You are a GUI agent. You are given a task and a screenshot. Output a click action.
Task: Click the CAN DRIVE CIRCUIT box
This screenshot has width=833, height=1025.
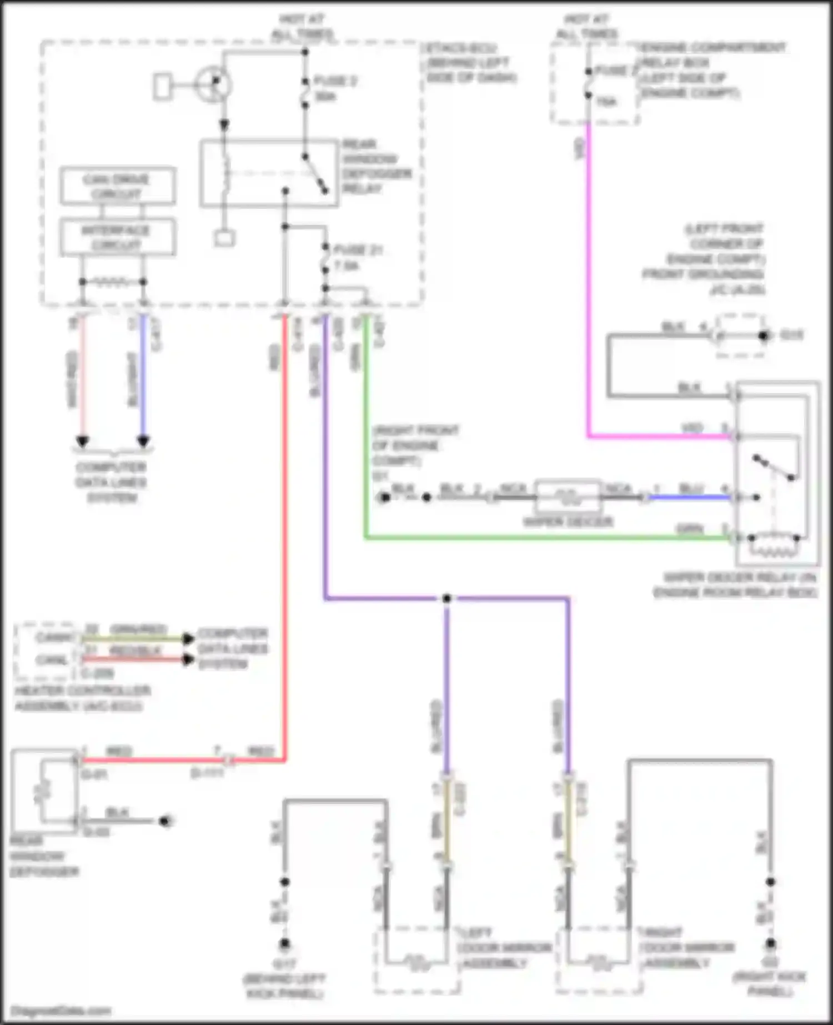[x=117, y=186]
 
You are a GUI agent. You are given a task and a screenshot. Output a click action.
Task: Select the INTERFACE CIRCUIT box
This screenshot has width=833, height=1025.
[x=117, y=238]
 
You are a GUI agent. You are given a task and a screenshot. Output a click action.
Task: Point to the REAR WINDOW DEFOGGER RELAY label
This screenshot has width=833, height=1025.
[x=377, y=167]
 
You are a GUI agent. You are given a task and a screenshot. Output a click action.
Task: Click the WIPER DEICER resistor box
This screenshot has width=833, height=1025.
[x=568, y=496]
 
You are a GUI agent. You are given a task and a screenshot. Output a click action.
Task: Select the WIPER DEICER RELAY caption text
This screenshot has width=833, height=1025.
[x=734, y=585]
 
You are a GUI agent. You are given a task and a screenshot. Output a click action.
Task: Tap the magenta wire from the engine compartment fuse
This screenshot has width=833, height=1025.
[x=589, y=278]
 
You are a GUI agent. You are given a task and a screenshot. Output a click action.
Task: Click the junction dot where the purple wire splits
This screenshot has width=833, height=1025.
[x=446, y=599]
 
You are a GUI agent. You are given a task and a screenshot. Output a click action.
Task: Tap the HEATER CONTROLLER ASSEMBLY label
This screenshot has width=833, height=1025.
[x=82, y=699]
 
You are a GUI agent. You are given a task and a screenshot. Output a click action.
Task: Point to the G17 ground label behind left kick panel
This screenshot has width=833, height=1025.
[x=284, y=978]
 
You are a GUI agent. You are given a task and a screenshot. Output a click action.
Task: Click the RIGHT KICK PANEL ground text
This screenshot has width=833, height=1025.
[x=770, y=984]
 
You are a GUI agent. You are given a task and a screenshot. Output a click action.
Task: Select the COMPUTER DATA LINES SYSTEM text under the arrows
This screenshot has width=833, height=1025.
[x=111, y=482]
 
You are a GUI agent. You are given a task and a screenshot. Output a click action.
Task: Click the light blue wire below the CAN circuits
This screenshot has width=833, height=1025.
[x=143, y=378]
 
